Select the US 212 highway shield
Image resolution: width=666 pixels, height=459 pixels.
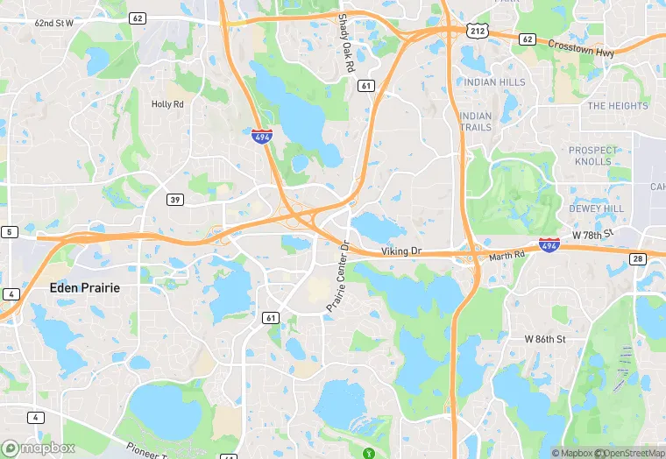tap(477, 31)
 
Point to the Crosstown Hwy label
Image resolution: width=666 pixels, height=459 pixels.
tap(581, 47)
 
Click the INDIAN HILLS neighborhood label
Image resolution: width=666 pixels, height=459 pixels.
tap(495, 82)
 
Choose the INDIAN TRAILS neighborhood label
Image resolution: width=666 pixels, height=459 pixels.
tap(476, 122)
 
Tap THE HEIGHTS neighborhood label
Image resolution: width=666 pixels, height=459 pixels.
tap(618, 106)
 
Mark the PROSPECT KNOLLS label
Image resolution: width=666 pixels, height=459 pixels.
tap(592, 156)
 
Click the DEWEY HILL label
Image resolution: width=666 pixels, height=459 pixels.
tap(596, 209)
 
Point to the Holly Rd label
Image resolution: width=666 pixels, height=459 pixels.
tap(167, 104)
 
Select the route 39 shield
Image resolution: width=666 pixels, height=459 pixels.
tap(175, 201)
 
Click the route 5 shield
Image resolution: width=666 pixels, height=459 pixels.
tap(10, 232)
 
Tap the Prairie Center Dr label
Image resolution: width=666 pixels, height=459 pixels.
tap(337, 275)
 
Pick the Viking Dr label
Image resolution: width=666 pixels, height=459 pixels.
tap(401, 251)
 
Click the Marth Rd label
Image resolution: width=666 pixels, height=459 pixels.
tap(506, 256)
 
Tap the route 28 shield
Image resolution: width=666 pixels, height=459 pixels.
tap(637, 258)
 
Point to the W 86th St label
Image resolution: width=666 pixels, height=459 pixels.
tap(546, 338)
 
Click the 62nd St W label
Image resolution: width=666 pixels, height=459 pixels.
tap(55, 23)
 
